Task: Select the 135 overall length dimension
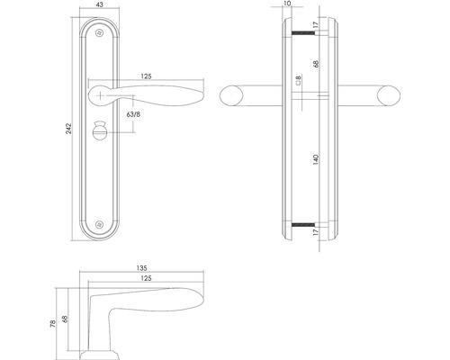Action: click(x=140, y=267)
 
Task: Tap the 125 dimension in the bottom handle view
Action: click(x=145, y=279)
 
